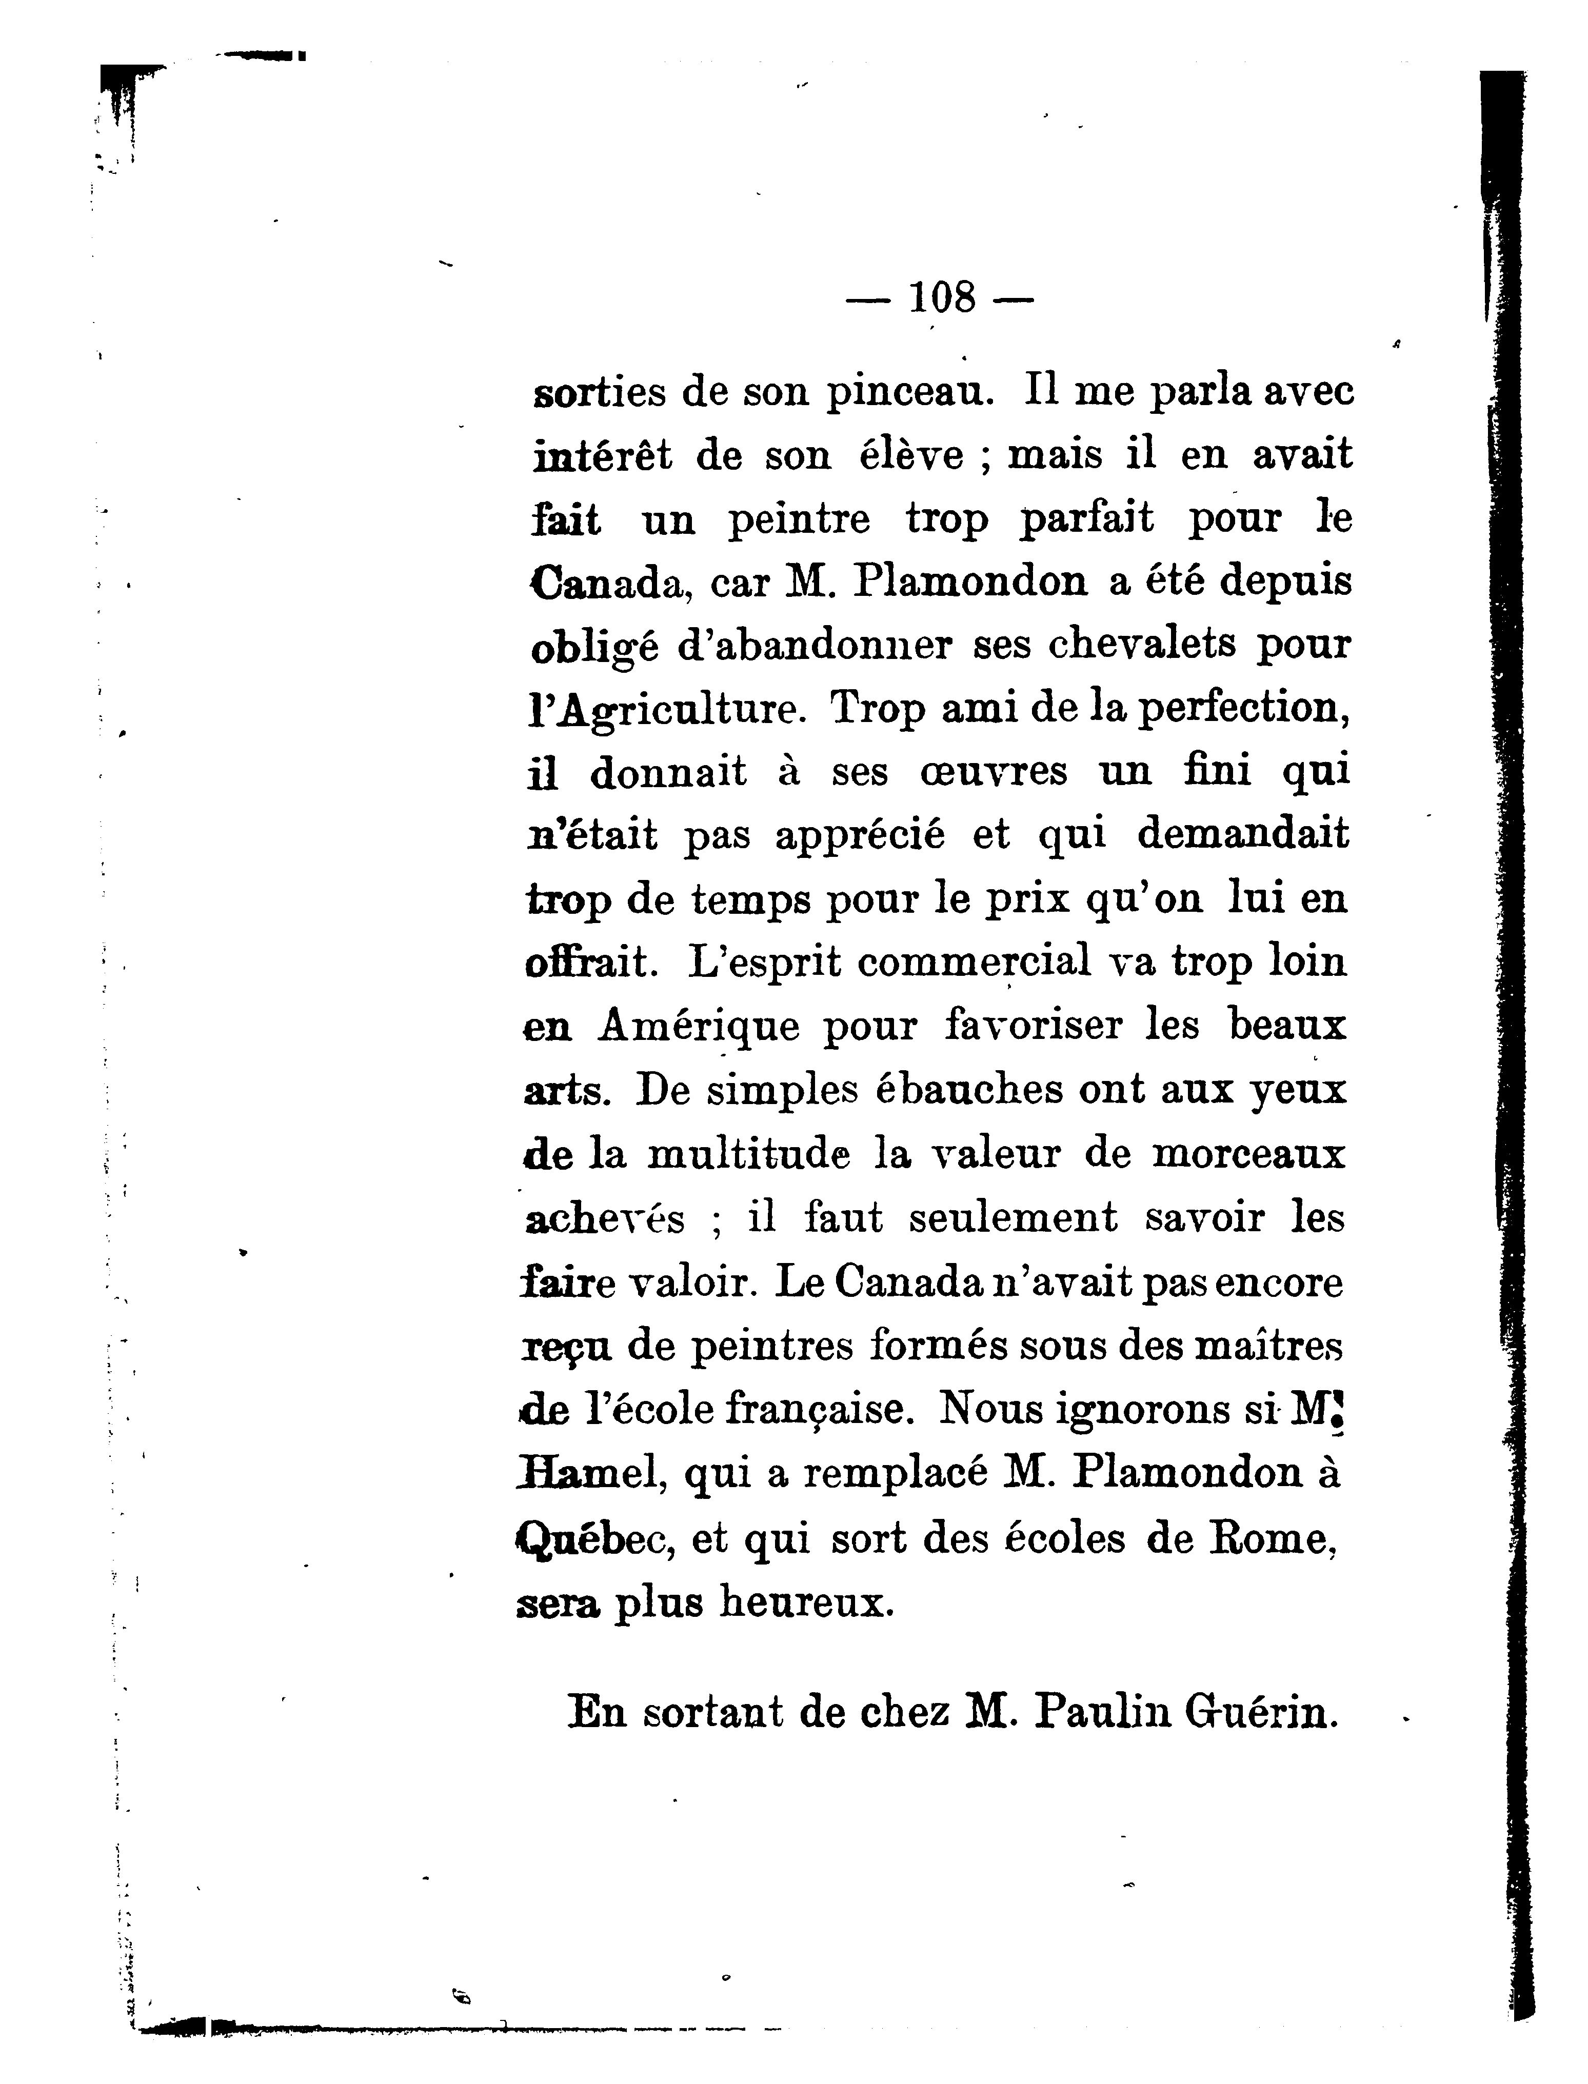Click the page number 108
coord(941,298)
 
